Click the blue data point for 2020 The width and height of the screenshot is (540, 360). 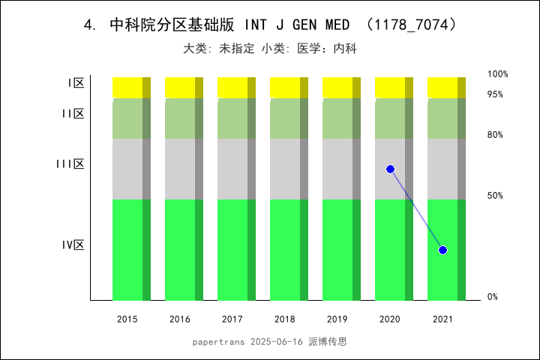coord(390,169)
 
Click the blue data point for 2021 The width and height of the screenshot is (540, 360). coord(442,250)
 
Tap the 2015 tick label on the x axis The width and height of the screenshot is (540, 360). coord(127,319)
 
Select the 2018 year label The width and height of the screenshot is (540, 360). coord(285,319)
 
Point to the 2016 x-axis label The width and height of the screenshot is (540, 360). coord(180,319)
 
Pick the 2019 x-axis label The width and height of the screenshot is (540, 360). coord(337,319)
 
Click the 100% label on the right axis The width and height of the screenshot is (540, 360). coord(498,74)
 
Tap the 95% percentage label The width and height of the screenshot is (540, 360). coord(495,94)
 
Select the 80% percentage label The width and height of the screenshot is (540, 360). coord(495,135)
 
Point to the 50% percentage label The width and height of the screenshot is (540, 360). coord(495,196)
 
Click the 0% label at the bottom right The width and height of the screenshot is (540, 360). coord(493,297)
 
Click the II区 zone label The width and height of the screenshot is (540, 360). coord(73,114)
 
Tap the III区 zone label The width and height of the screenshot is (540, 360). coord(70,164)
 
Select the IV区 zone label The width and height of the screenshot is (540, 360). coord(73,245)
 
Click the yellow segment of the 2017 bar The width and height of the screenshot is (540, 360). coord(232,87)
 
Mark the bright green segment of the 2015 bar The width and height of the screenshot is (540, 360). coord(127,249)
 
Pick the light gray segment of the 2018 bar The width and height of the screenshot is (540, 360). coord(285,169)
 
